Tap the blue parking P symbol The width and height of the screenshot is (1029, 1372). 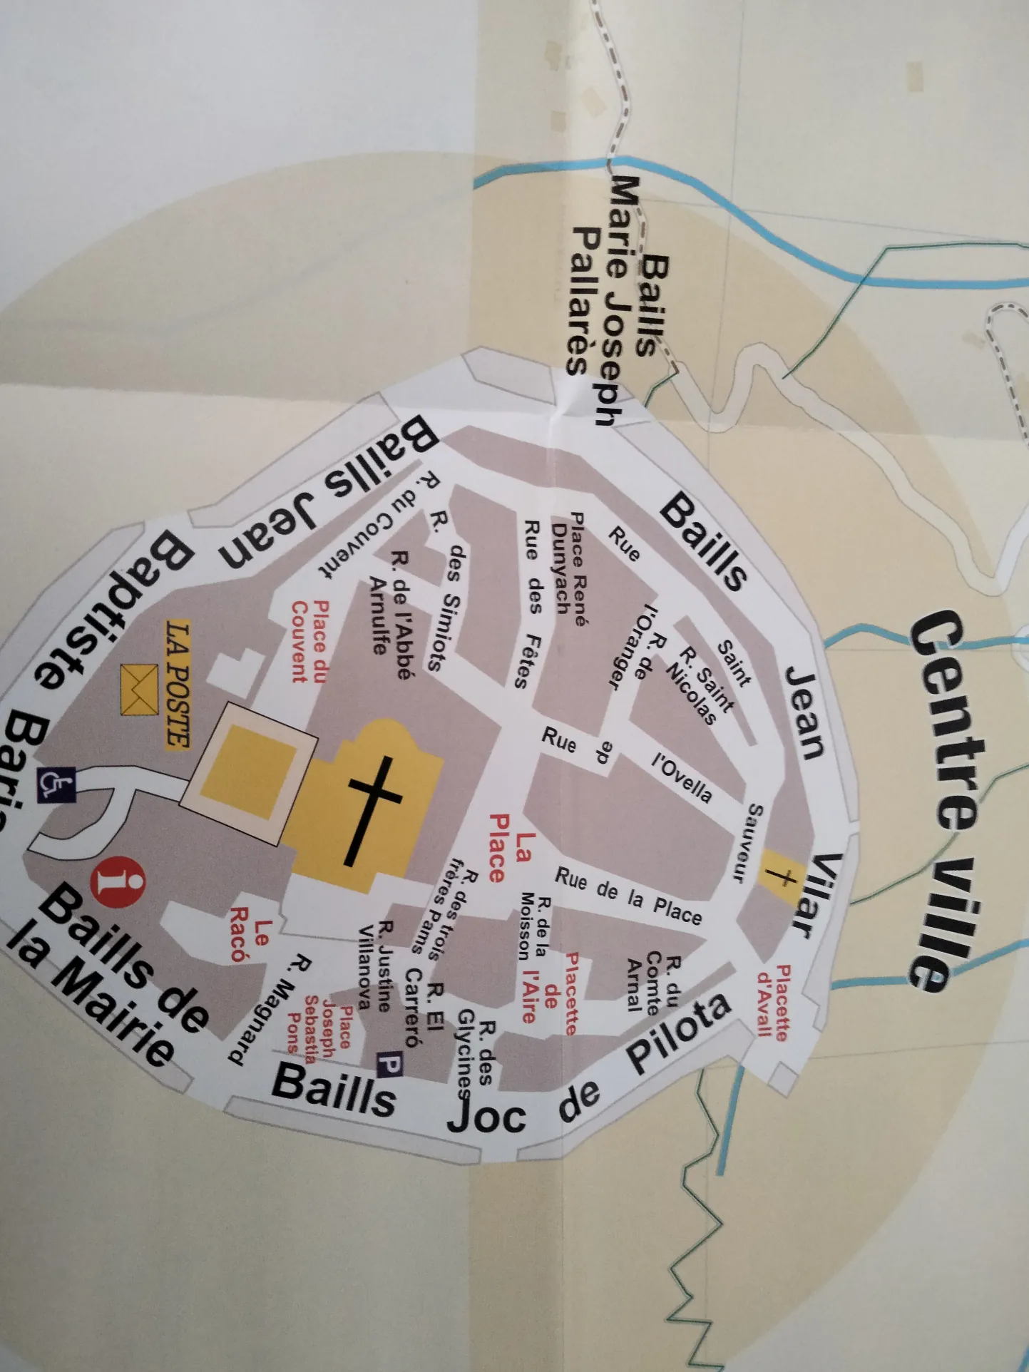tap(389, 1065)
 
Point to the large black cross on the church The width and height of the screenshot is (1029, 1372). tap(373, 809)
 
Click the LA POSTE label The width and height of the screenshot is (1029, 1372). tap(178, 685)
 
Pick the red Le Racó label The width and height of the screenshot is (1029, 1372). tap(251, 933)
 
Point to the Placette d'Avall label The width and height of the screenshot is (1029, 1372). tap(773, 1001)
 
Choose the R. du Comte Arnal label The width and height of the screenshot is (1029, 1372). tap(653, 984)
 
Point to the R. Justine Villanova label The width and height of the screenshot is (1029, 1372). tap(375, 966)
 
